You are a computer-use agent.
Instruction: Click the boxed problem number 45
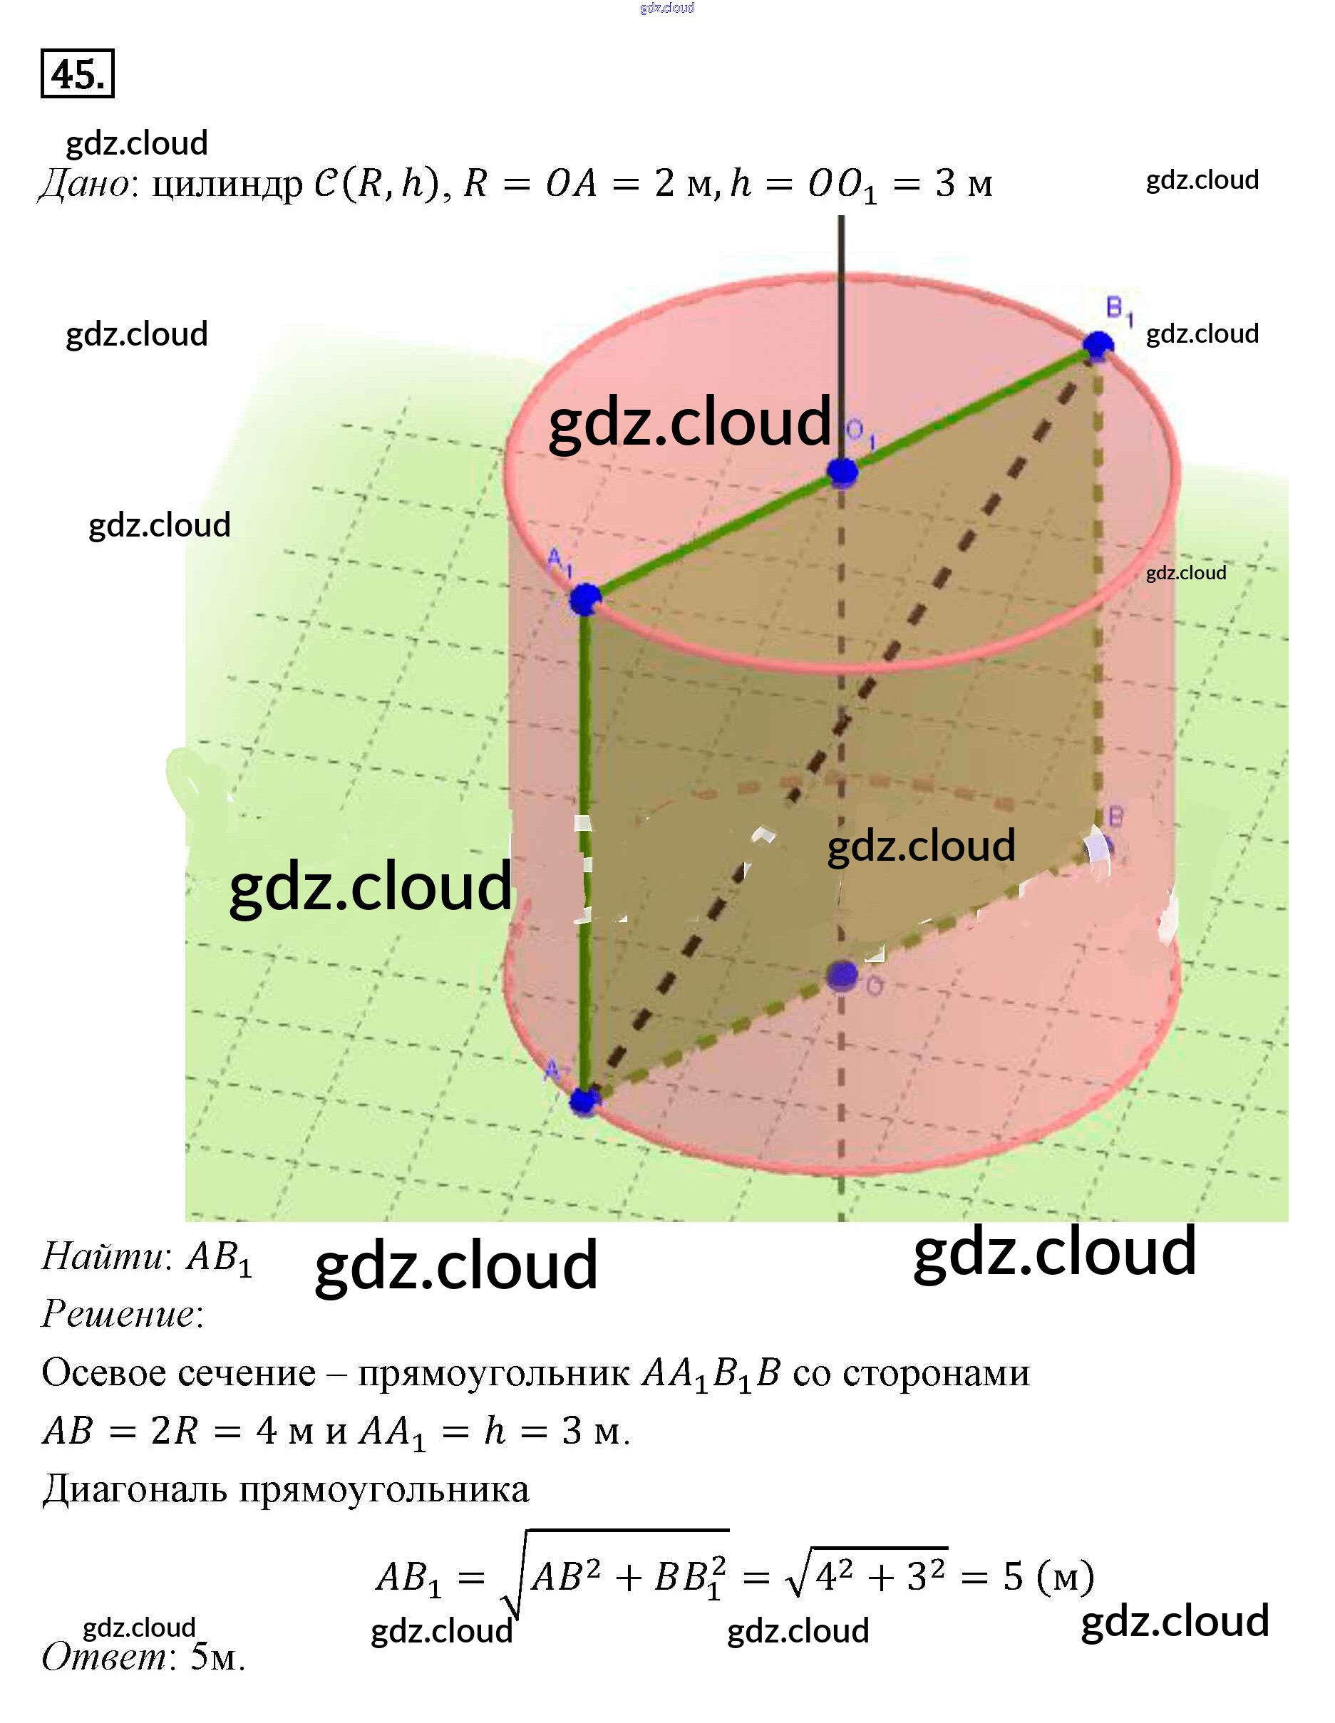tap(77, 74)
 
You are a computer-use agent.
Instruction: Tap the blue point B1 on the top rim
tap(1098, 345)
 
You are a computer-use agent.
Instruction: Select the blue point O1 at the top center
tap(842, 472)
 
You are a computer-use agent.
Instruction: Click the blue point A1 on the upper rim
tap(584, 599)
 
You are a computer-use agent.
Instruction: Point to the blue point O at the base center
tap(842, 975)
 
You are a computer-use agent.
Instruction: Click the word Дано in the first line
tap(83, 185)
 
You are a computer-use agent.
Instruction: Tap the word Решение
tap(118, 1313)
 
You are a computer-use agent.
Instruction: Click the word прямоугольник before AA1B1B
tap(493, 1375)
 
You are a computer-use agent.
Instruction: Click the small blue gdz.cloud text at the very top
tap(666, 8)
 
